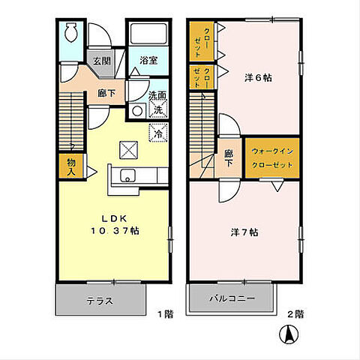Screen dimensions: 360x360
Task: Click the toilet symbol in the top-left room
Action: coord(71,32)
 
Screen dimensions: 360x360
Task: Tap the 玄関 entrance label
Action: coord(102,61)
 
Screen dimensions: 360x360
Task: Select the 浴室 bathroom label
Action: coord(148,60)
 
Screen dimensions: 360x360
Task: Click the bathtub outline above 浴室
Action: coord(148,34)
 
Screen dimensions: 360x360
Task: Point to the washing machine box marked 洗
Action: coord(158,109)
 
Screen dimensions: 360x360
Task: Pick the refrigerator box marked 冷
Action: coord(158,133)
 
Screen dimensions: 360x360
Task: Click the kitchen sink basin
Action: coord(127,175)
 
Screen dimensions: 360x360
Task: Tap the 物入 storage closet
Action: coord(71,166)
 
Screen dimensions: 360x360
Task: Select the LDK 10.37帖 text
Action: coord(115,225)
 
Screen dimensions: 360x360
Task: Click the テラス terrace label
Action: coord(100,301)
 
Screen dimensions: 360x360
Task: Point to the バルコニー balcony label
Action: coord(232,298)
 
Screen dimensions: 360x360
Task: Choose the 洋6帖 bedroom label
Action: coord(258,78)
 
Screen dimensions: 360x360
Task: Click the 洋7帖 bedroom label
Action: coord(244,232)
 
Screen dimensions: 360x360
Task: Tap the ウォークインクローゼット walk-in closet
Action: coord(272,158)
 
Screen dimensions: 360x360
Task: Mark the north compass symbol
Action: coord(289,334)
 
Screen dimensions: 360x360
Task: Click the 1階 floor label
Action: coord(165,314)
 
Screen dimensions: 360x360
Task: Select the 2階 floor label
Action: coord(295,314)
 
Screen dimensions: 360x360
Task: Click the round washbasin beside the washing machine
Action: coord(137,111)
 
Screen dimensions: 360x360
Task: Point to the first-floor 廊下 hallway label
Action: coord(106,93)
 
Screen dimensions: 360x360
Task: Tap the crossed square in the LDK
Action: coord(128,150)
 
